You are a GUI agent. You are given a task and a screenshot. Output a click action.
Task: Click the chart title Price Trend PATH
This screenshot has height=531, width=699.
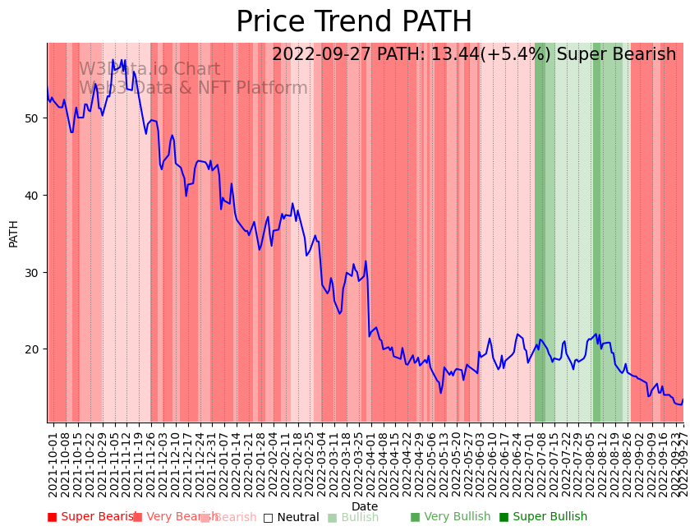tap(354, 22)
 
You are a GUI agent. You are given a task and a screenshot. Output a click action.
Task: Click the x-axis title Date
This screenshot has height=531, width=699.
tap(365, 507)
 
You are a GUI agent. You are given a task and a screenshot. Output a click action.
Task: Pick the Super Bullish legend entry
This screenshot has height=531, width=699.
tap(543, 517)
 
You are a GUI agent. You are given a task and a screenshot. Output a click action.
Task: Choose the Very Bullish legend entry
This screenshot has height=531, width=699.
tap(450, 517)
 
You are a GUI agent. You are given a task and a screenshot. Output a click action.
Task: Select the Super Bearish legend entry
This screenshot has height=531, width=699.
tap(92, 517)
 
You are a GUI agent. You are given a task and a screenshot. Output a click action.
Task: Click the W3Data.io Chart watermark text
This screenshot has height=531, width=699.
tap(149, 70)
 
